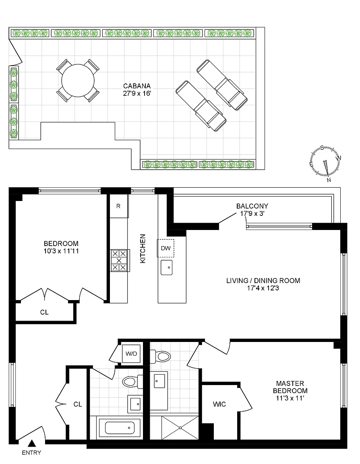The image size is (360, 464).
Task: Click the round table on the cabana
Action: click(x=78, y=81)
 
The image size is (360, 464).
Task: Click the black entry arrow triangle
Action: click(x=32, y=443)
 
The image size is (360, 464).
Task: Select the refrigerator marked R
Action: click(x=119, y=206)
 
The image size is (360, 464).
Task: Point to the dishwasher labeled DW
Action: click(x=166, y=248)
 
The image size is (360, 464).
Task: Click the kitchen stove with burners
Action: click(x=119, y=261)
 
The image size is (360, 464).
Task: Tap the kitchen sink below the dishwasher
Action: click(x=166, y=267)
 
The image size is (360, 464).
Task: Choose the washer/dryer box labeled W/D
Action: click(x=131, y=354)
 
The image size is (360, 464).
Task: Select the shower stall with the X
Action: click(x=180, y=428)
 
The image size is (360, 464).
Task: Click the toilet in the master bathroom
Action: click(x=160, y=356)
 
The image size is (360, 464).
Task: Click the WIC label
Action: click(x=219, y=404)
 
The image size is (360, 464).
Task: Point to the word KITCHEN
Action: click(x=143, y=249)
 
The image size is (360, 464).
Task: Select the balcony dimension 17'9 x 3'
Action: click(x=252, y=213)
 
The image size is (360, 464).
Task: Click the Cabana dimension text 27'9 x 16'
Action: click(x=137, y=93)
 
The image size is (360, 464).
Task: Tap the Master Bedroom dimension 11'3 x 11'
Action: click(x=290, y=398)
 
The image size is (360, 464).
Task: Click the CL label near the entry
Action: click(x=77, y=404)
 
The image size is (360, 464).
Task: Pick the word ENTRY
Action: click(x=31, y=452)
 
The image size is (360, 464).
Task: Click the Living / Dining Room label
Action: click(x=263, y=280)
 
